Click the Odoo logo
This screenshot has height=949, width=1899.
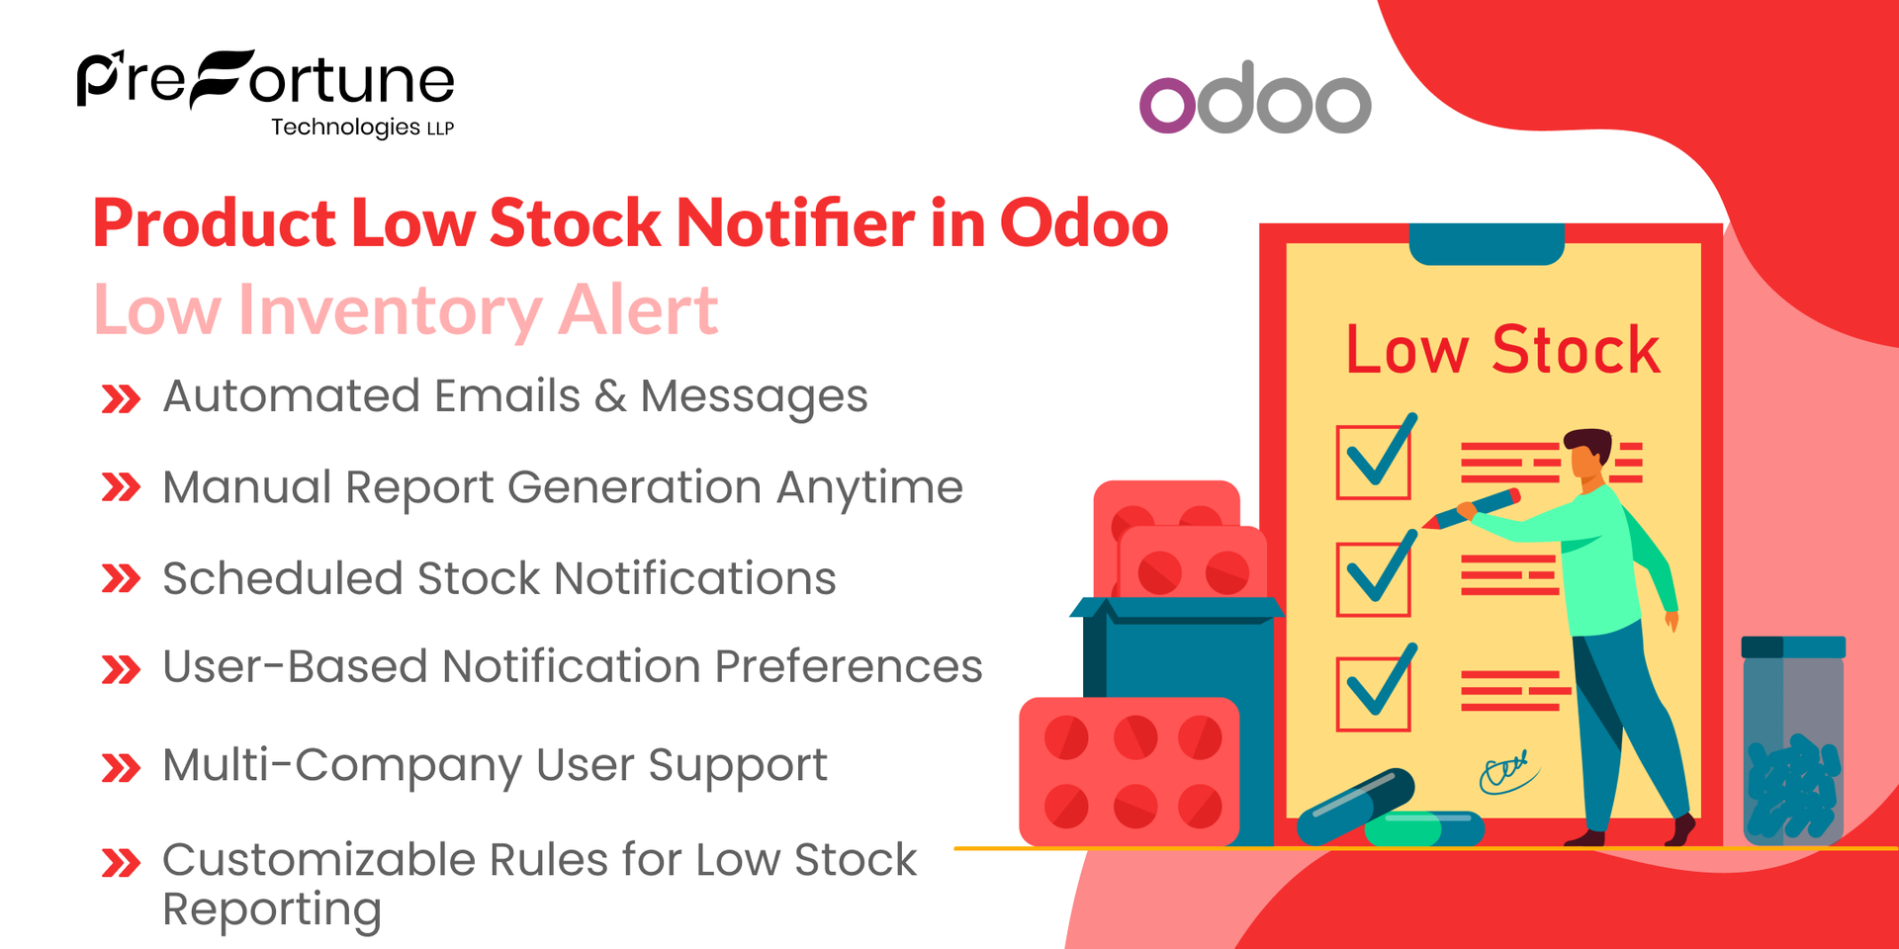click(x=1255, y=99)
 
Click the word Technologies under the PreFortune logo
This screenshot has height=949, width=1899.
click(x=345, y=128)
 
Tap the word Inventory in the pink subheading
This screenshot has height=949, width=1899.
click(x=389, y=310)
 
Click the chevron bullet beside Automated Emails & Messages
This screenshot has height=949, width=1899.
click(x=121, y=399)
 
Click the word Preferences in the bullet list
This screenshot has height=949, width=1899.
click(x=848, y=667)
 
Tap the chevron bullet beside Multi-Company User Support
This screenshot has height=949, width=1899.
click(x=121, y=768)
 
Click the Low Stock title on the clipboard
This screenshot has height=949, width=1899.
click(x=1502, y=350)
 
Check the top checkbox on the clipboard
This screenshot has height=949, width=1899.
click(x=1373, y=461)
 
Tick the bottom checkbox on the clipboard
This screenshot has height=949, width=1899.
click(x=1373, y=694)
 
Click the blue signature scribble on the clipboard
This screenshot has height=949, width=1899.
click(x=1507, y=772)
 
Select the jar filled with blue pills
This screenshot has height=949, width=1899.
click(x=1792, y=741)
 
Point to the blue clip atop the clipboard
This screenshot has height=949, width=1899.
click(x=1486, y=244)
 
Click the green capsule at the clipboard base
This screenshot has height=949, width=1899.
click(x=1424, y=828)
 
